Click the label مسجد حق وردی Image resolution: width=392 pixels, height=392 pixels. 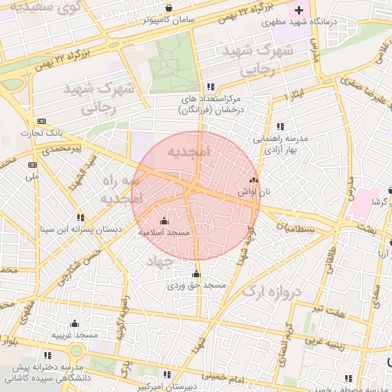pyautogui.click(x=197, y=285)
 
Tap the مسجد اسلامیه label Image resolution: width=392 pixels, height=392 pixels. pyautogui.click(x=164, y=231)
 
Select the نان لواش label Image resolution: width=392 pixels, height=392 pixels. pyautogui.click(x=254, y=191)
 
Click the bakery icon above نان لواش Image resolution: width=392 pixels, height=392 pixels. pyautogui.click(x=253, y=180)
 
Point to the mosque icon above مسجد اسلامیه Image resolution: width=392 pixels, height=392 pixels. pyautogui.click(x=163, y=221)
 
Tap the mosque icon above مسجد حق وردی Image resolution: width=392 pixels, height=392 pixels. pyautogui.click(x=196, y=274)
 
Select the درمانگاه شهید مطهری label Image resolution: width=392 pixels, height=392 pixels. pyautogui.click(x=332, y=23)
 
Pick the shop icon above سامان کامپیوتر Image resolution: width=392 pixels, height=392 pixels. pyautogui.click(x=168, y=8)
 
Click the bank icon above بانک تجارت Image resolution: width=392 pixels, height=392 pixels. pyautogui.click(x=41, y=121)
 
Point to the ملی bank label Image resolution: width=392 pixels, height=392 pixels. pyautogui.click(x=32, y=175)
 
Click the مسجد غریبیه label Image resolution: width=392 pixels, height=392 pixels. pyautogui.click(x=74, y=335)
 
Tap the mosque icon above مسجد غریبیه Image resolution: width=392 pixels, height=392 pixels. pyautogui.click(x=74, y=324)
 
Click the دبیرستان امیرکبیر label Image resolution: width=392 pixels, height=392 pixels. pyautogui.click(x=165, y=387)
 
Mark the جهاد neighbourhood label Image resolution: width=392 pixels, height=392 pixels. pyautogui.click(x=162, y=261)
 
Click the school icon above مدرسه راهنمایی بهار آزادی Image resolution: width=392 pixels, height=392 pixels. pyautogui.click(x=280, y=126)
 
